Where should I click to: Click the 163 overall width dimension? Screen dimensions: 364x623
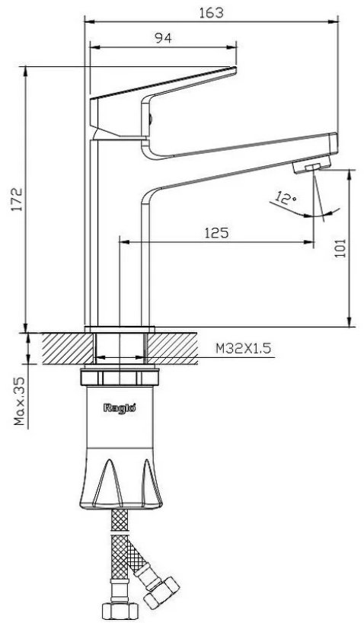point(211,13)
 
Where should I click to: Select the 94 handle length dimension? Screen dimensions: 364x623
point(163,38)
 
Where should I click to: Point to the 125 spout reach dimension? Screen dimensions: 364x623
point(216,232)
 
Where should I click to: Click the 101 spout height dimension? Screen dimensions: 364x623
point(340,248)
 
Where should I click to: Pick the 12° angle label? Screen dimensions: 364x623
point(286,197)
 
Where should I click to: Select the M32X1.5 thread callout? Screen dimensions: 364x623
point(243,349)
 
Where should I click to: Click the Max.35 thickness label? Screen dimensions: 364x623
point(20,401)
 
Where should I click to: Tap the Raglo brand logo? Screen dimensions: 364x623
point(120,407)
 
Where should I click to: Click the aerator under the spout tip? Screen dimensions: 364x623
point(312,165)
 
